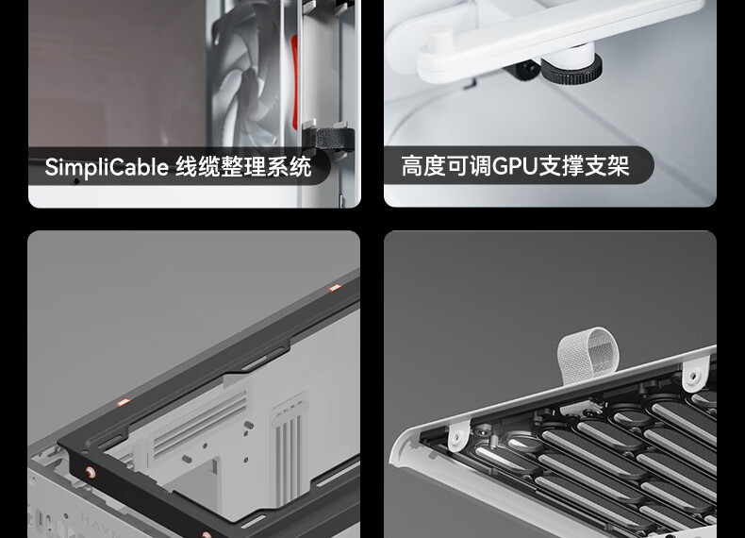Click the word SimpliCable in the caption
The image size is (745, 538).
pyautogui.click(x=107, y=167)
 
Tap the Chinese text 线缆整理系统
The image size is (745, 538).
pyautogui.click(x=243, y=166)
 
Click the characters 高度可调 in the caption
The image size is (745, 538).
pyautogui.click(x=446, y=166)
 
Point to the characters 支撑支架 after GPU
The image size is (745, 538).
pyautogui.click(x=584, y=166)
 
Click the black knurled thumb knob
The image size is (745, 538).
pyautogui.click(x=572, y=71)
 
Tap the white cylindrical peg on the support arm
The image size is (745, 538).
pyautogui.click(x=439, y=38)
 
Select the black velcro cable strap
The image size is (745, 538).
pyautogui.click(x=329, y=140)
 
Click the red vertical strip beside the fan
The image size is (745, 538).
pyautogui.click(x=294, y=82)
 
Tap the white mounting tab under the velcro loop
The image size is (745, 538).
pyautogui.click(x=695, y=375)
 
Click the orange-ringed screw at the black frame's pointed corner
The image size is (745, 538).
pyautogui.click(x=90, y=472)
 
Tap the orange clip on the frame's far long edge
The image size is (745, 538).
pyautogui.click(x=335, y=288)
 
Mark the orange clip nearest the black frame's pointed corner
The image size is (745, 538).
pyautogui.click(x=124, y=402)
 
